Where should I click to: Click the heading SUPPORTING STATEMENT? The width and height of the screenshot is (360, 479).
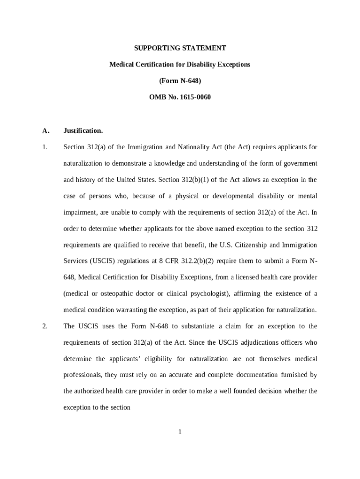(x=180, y=48)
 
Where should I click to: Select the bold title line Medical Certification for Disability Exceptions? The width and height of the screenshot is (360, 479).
(x=180, y=65)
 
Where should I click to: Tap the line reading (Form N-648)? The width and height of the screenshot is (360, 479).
(x=180, y=81)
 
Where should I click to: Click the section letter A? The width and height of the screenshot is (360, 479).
(x=45, y=131)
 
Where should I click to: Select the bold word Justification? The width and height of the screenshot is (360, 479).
(x=83, y=131)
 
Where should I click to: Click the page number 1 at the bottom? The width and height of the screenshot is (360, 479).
(x=180, y=432)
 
